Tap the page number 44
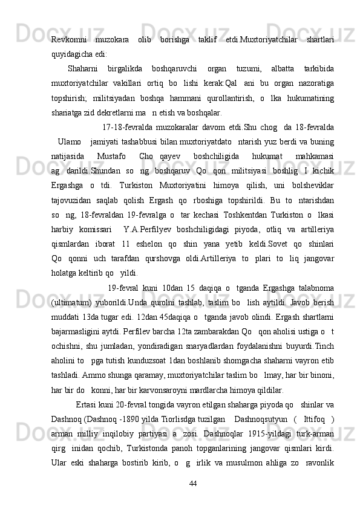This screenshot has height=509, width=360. [x=193, y=484]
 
